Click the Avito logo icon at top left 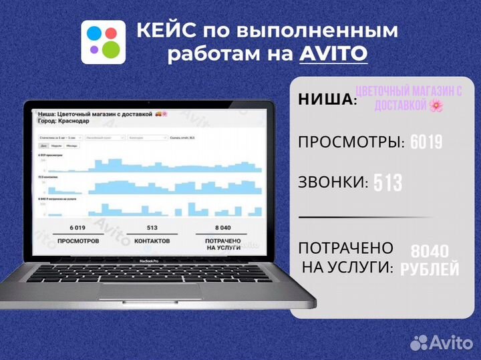[104, 41]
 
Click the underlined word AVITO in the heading [333, 53]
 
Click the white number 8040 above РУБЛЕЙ [430, 252]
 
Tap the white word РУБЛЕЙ [430, 269]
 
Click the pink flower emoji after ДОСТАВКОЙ [436, 106]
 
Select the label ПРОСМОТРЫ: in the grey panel [351, 142]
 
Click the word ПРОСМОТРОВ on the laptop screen [78, 240]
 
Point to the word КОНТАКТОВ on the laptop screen [152, 240]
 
